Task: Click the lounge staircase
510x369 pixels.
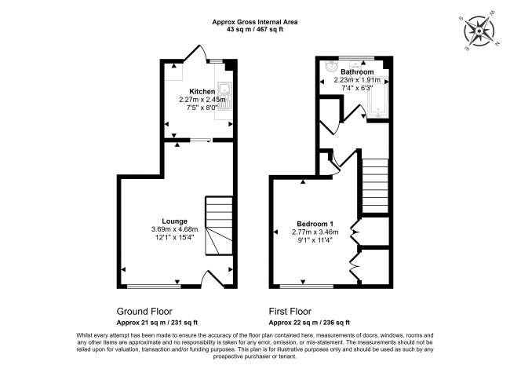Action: point(219,228)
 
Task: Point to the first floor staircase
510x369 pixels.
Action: point(375,184)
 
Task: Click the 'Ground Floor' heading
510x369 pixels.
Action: point(144,311)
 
